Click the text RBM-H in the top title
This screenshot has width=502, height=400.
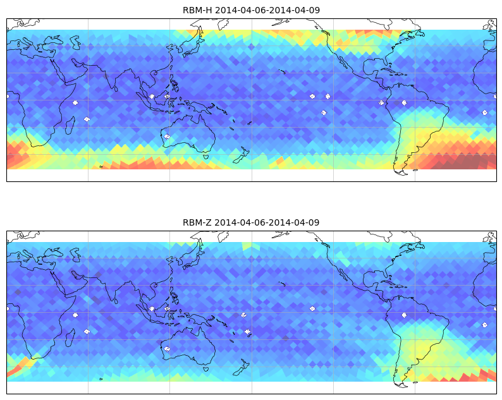(197, 10)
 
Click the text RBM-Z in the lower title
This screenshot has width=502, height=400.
(197, 222)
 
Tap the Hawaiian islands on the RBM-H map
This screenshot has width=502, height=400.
(282, 71)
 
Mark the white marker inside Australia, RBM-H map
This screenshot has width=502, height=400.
(167, 136)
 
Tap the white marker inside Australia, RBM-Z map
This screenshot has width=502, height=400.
(167, 349)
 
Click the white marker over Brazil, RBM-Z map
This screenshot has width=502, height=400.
(404, 315)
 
